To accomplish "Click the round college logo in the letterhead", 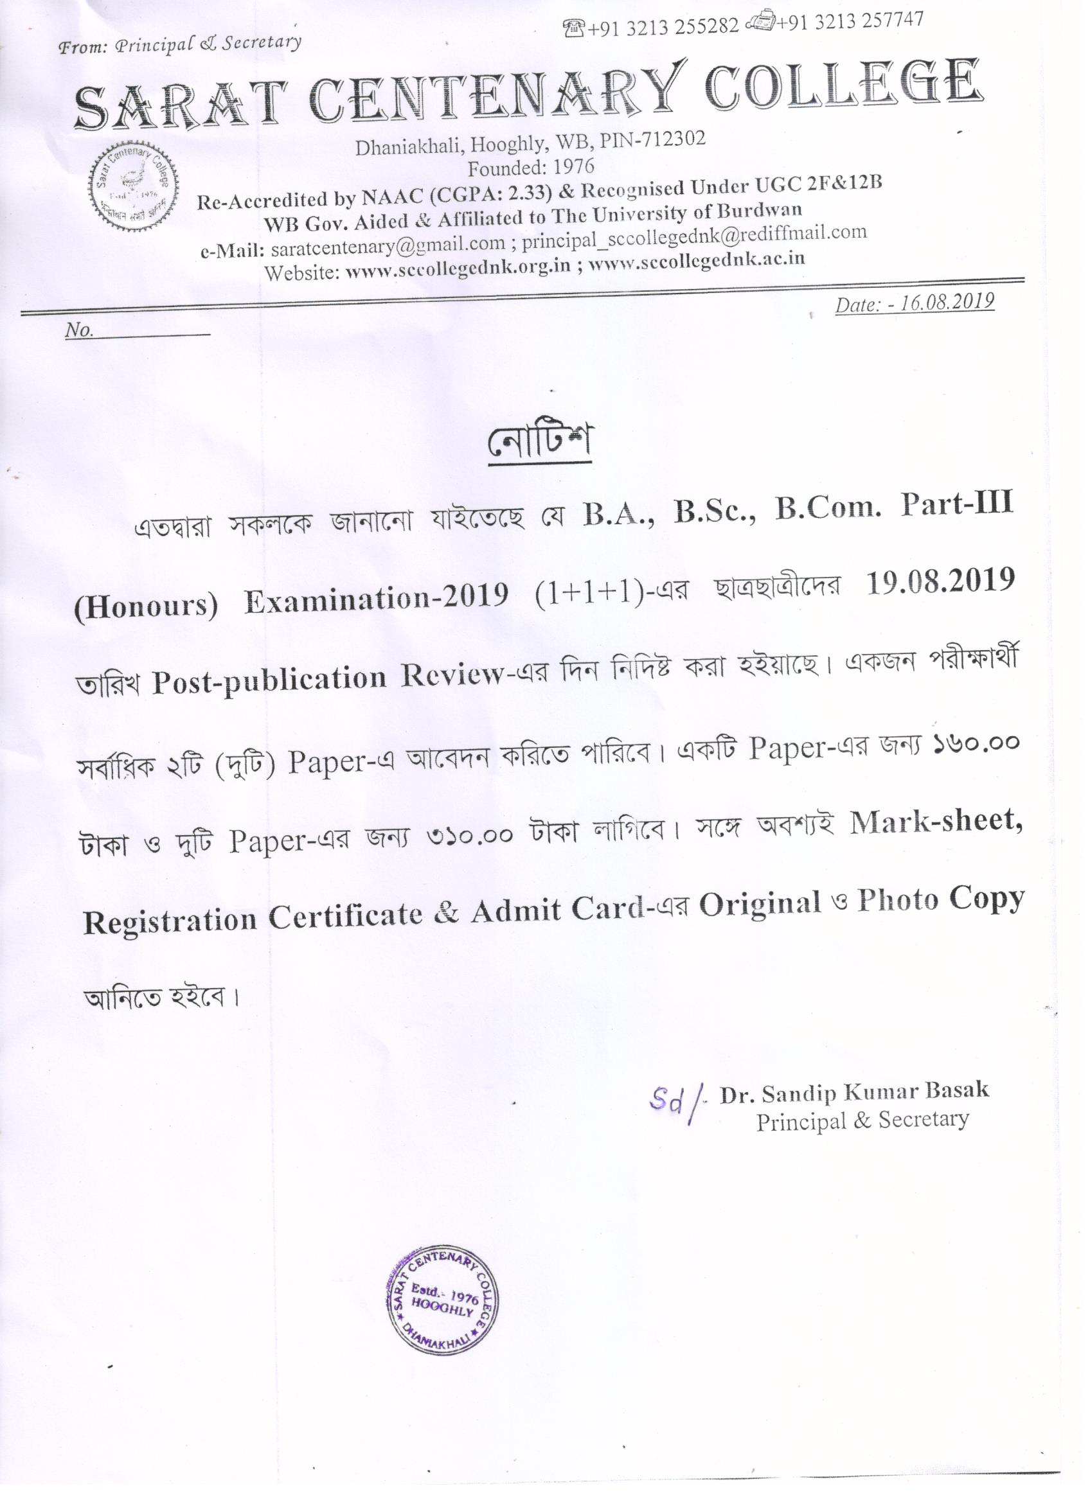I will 134,187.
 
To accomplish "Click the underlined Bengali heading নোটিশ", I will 539,443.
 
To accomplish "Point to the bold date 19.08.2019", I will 940,581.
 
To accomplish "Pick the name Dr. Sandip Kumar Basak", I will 854,1092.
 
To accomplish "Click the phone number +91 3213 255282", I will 663,26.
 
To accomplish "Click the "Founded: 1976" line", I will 531,167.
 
